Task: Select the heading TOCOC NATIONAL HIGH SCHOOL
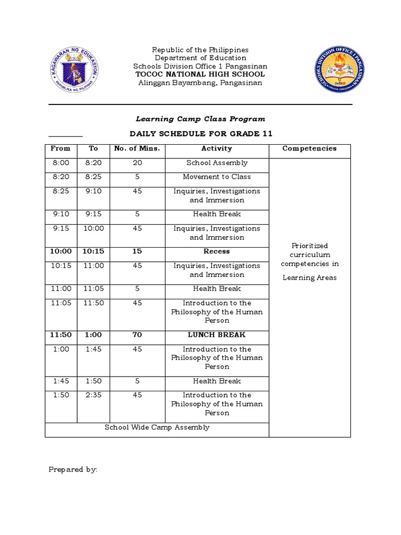pos(200,74)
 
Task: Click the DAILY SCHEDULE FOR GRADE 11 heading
pos(201,134)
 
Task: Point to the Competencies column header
pos(309,149)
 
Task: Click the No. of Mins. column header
pos(137,149)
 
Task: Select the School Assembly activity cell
pos(217,163)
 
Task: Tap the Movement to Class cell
pos(217,177)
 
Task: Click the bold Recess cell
pos(217,251)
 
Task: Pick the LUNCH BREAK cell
pos(217,335)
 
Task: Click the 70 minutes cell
pos(137,335)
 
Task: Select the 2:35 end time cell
pos(93,396)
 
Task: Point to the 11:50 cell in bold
pos(61,335)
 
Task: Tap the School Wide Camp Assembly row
pos(157,427)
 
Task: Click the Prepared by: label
pos(73,470)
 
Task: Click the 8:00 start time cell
pos(61,163)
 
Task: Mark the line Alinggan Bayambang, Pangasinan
pos(200,83)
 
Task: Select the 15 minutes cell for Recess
pos(137,251)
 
